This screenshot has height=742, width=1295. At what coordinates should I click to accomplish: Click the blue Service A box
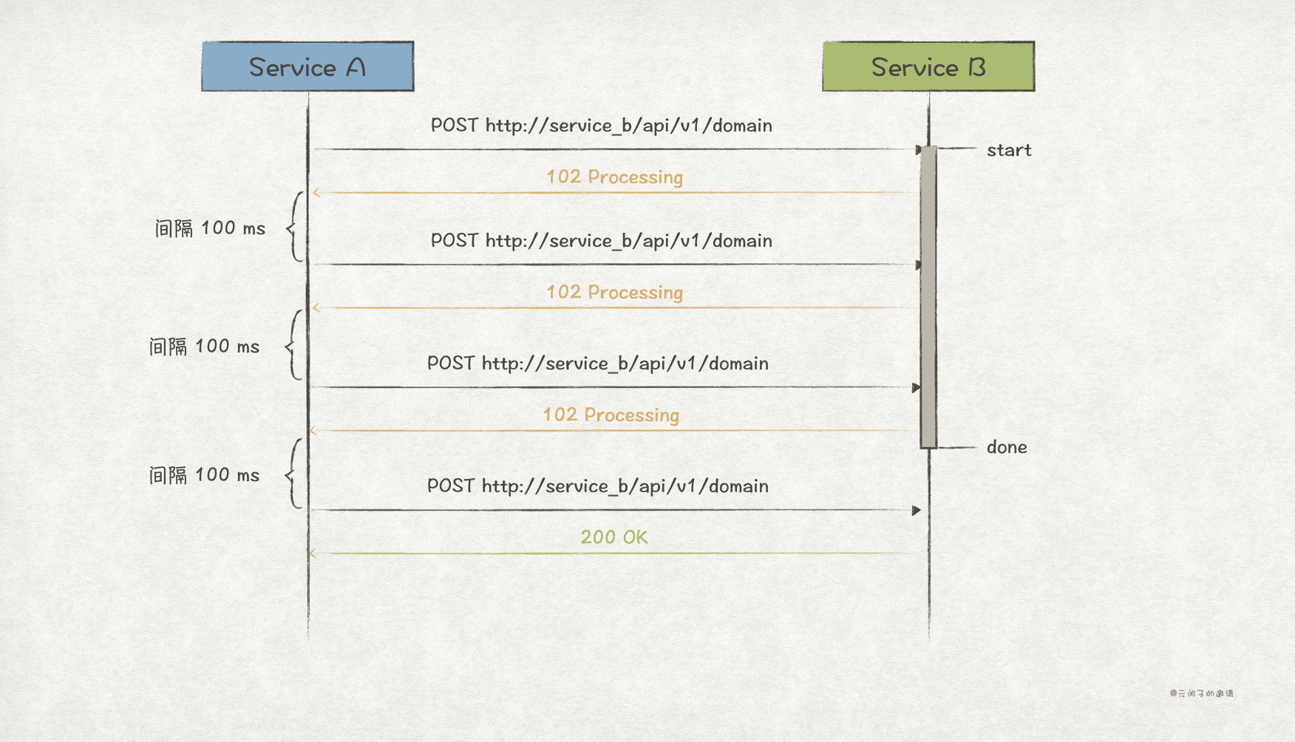[307, 67]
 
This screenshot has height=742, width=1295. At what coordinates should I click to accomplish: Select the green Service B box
[928, 67]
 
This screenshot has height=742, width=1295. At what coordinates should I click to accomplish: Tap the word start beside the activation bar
[1009, 150]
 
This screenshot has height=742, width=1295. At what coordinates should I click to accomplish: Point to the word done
[1007, 447]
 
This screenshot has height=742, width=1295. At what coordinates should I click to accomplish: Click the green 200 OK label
[613, 537]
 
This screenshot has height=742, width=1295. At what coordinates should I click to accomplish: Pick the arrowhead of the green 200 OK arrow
[313, 554]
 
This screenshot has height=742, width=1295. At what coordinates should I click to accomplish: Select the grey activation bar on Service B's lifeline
[928, 296]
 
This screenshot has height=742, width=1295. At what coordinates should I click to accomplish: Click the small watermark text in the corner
[1201, 693]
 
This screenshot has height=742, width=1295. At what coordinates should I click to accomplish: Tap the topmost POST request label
[601, 125]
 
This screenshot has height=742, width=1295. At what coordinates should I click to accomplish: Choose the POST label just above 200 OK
[597, 486]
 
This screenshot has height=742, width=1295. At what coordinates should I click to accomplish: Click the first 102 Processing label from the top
[614, 177]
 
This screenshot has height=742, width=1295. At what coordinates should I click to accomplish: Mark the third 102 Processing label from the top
[611, 415]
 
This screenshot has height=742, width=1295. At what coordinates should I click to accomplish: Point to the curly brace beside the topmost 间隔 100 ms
[296, 227]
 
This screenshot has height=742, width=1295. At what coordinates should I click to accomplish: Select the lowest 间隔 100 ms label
[204, 474]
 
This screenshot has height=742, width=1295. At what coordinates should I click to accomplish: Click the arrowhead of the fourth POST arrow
[917, 511]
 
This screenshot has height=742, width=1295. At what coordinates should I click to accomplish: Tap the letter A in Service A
[356, 67]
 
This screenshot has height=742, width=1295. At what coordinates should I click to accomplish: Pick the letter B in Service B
[977, 67]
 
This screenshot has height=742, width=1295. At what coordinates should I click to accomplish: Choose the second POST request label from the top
[601, 240]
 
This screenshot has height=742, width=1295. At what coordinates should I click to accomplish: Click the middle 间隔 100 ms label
[204, 346]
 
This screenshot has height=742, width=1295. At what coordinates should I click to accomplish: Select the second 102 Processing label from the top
[614, 292]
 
